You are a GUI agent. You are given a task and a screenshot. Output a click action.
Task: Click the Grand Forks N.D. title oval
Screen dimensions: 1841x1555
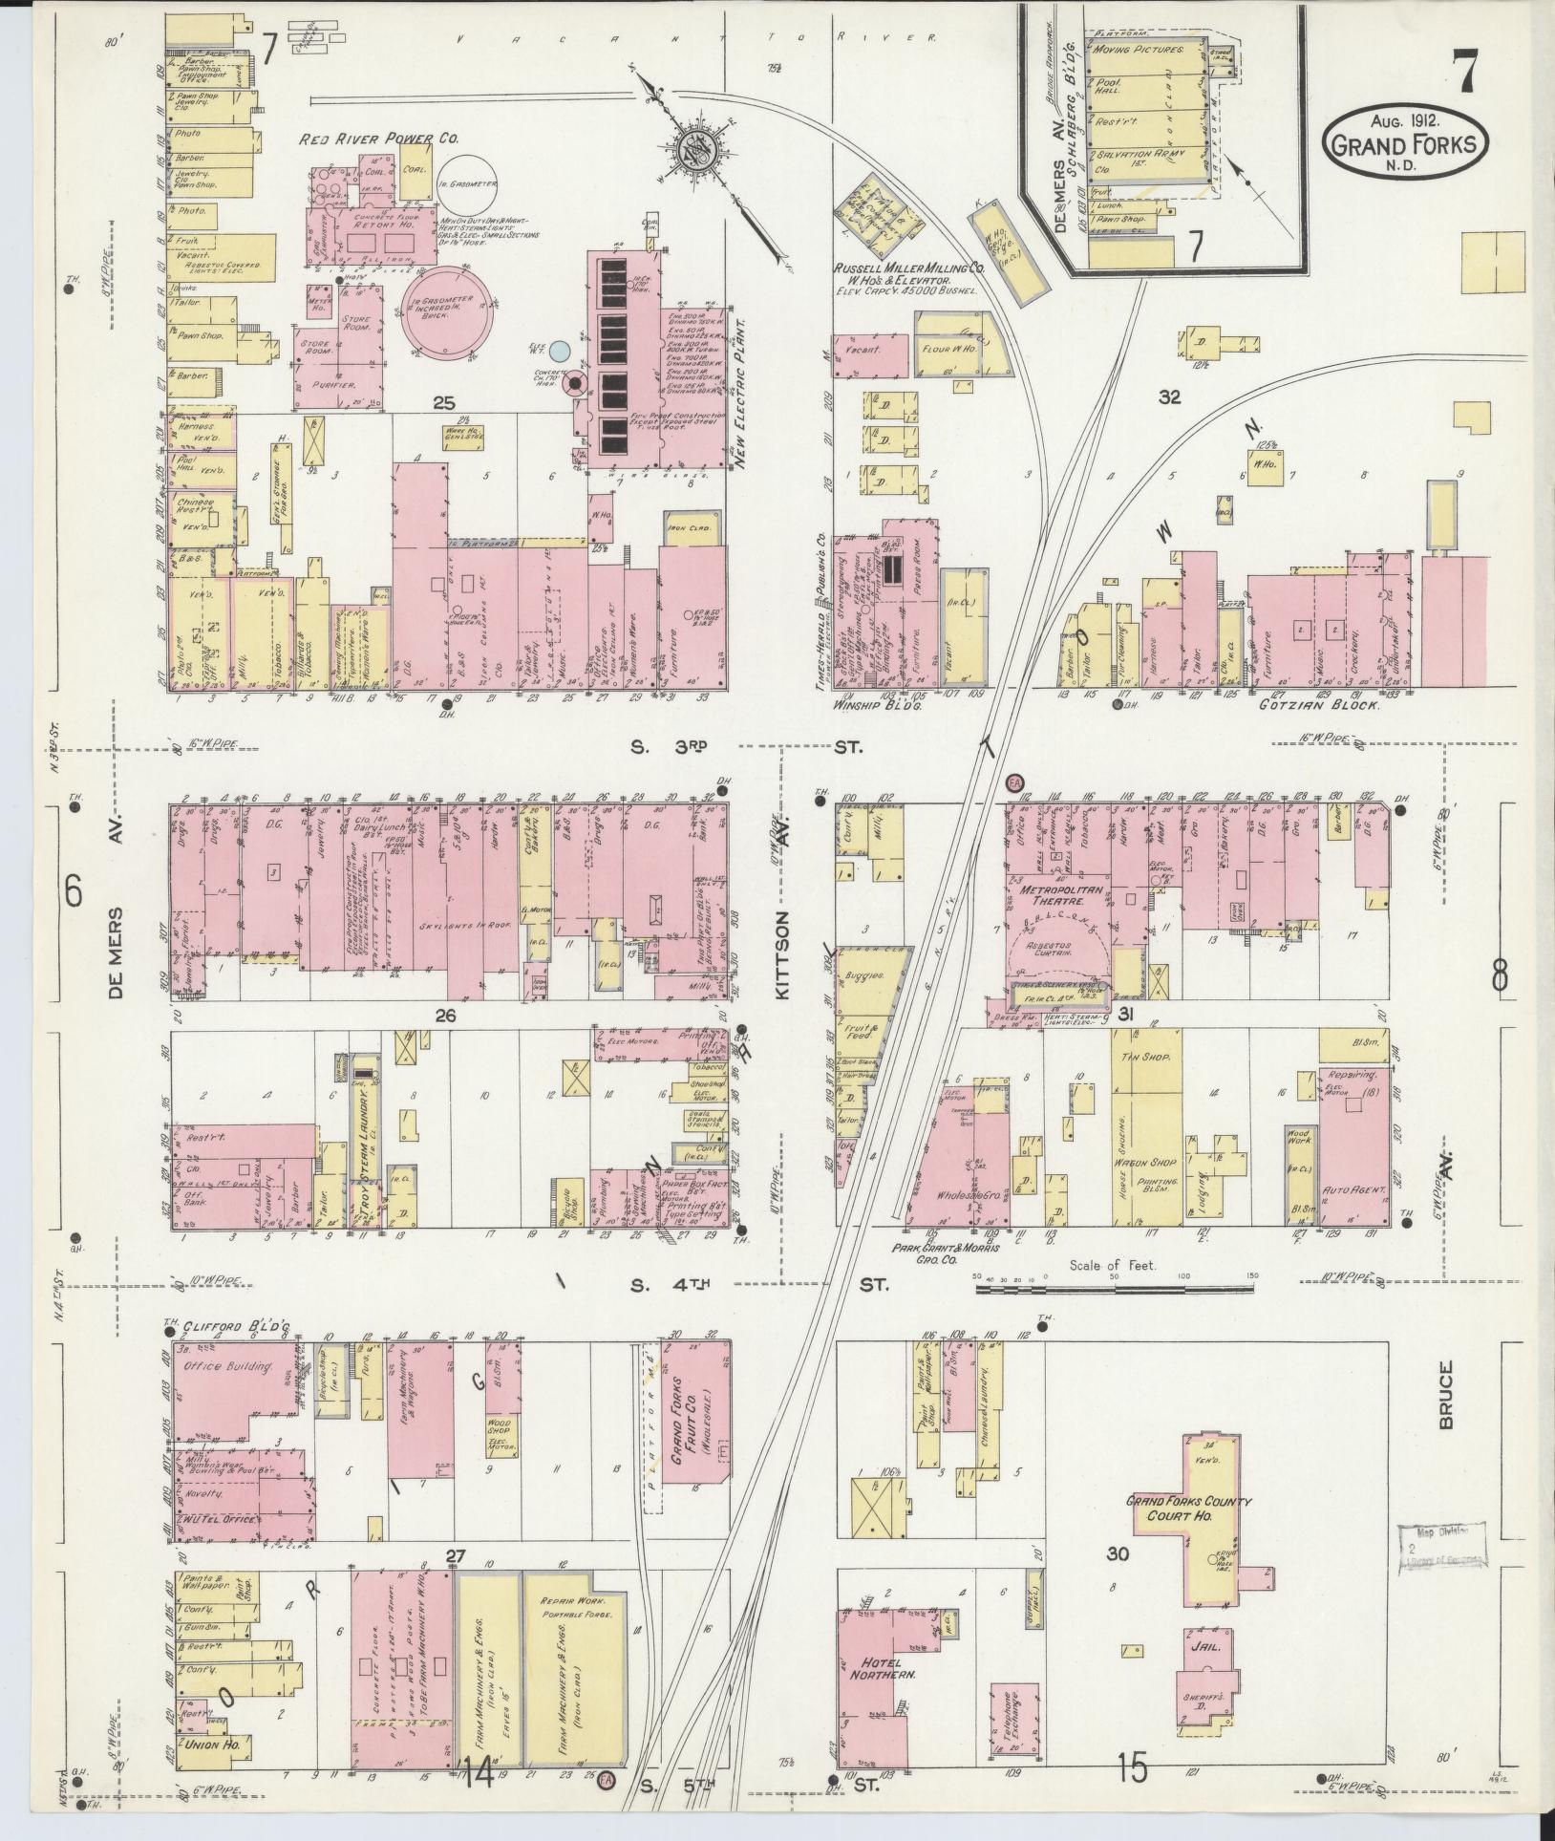click(1405, 140)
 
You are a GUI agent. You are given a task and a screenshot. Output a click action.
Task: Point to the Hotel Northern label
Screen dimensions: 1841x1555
click(880, 1666)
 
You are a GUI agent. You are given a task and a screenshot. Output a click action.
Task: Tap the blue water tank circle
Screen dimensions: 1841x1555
click(562, 351)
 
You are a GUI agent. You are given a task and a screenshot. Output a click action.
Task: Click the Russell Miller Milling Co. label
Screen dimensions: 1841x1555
click(903, 269)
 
